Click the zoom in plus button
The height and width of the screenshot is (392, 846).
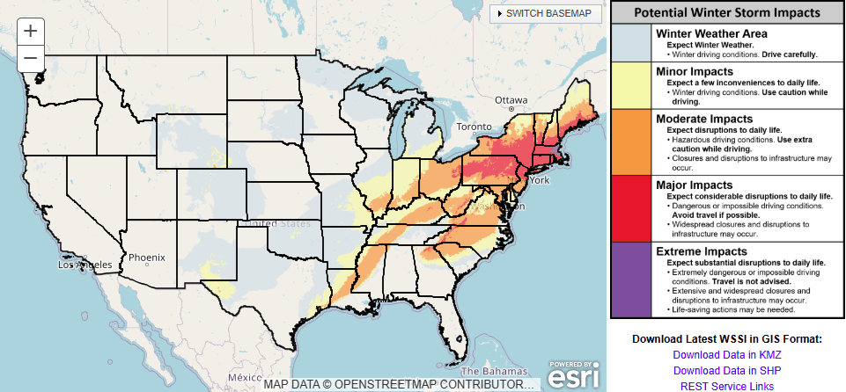(31, 31)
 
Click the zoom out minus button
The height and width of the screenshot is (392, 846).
(31, 59)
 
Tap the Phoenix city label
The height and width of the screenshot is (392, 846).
(146, 258)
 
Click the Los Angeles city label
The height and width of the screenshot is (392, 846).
(85, 265)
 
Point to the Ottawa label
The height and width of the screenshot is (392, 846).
(510, 100)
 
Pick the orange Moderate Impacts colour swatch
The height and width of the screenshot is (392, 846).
(631, 141)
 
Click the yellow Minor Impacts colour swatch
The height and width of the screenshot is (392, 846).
(631, 84)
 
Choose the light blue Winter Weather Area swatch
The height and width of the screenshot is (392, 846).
(631, 42)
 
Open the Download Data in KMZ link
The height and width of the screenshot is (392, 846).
(726, 355)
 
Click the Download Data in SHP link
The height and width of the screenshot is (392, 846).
(726, 370)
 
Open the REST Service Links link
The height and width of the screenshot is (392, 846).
(726, 386)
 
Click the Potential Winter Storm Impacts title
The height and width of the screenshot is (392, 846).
(726, 13)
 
